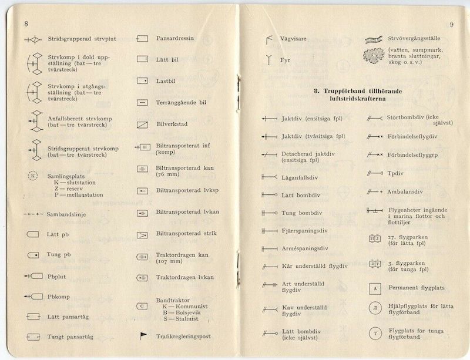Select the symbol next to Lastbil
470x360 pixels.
pyautogui.click(x=143, y=80)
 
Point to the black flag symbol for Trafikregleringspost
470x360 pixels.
pyautogui.click(x=143, y=335)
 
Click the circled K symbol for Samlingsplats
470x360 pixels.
pyautogui.click(x=33, y=176)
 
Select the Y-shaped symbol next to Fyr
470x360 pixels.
pyautogui.click(x=269, y=59)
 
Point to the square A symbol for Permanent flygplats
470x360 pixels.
pyautogui.click(x=374, y=288)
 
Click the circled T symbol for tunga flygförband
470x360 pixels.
pyautogui.click(x=374, y=335)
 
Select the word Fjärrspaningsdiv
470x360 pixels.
pyautogui.click(x=305, y=231)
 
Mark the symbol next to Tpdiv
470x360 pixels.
pyautogui.click(x=374, y=173)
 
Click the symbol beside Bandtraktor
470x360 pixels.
pyautogui.click(x=143, y=305)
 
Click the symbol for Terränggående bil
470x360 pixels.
pyautogui.click(x=143, y=102)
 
